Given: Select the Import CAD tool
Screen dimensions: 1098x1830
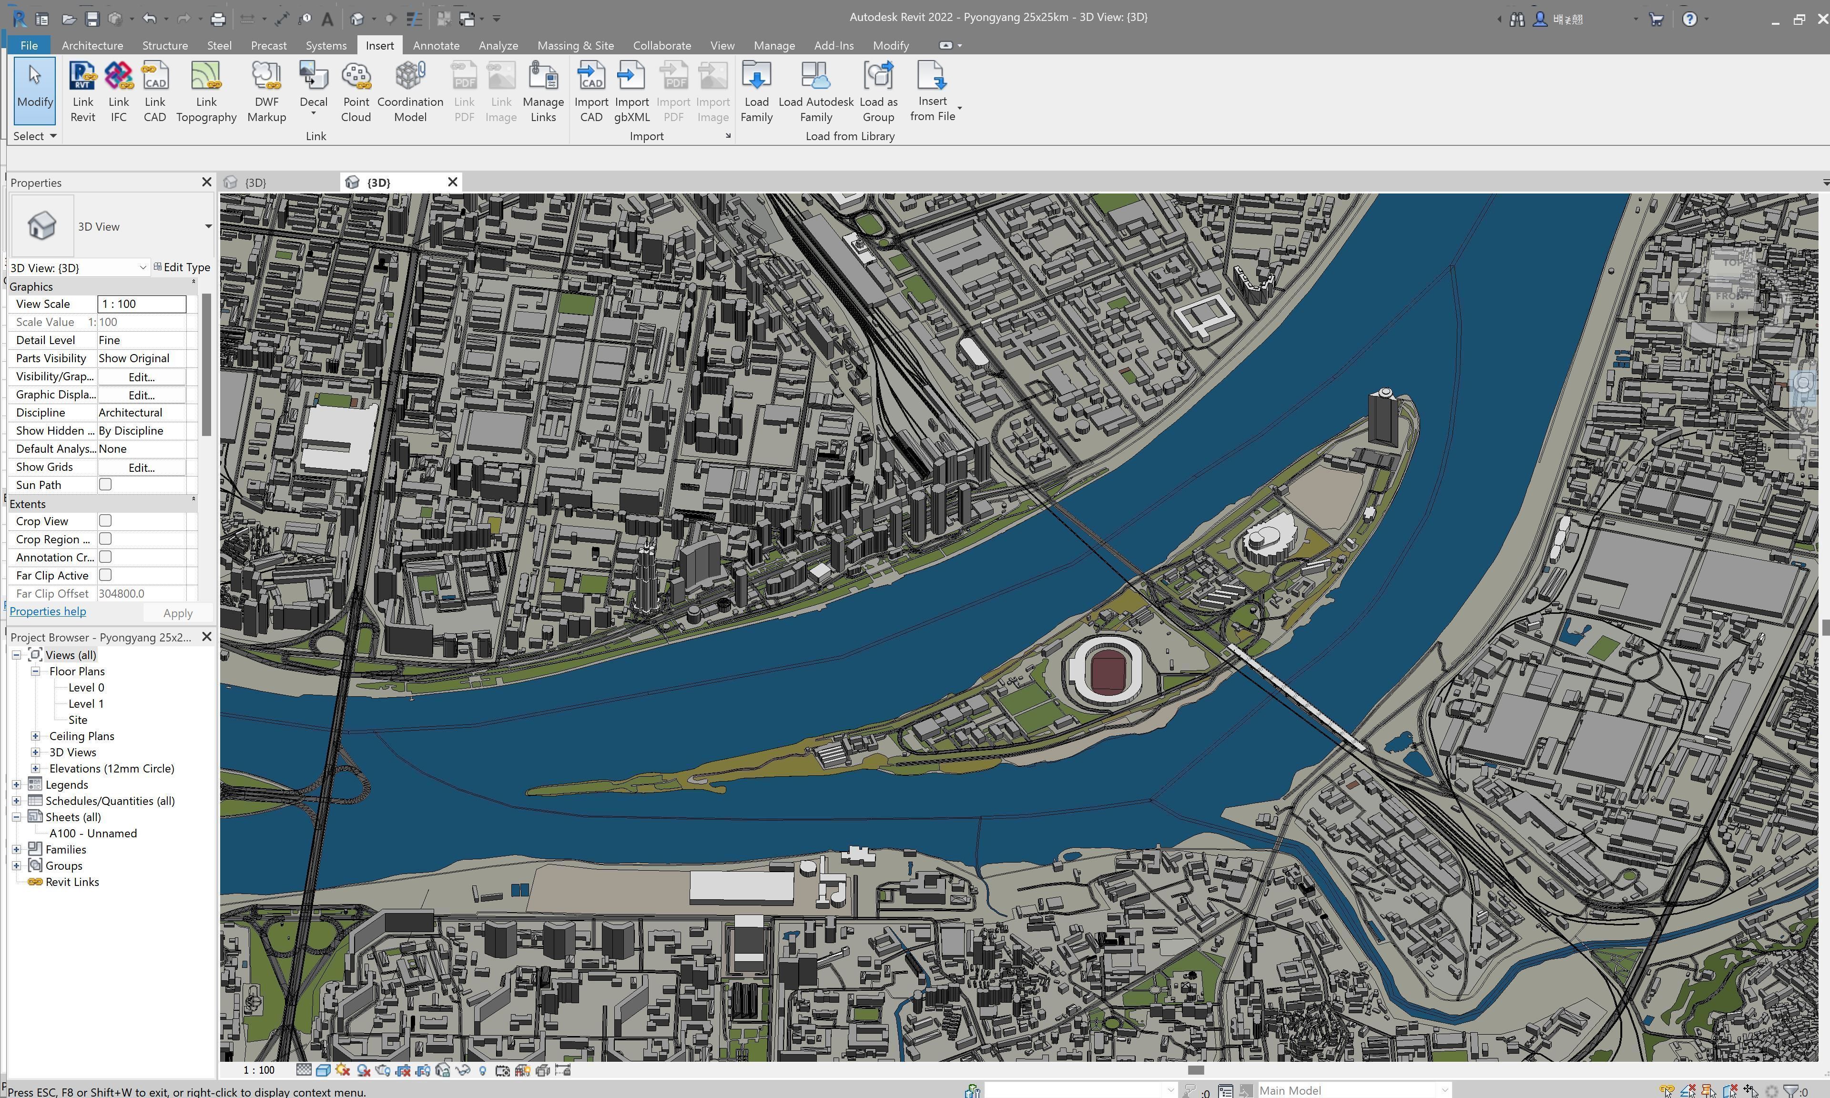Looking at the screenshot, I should tap(591, 92).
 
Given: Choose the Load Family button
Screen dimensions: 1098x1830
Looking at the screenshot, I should tap(756, 92).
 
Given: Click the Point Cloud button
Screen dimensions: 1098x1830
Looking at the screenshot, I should tap(356, 92).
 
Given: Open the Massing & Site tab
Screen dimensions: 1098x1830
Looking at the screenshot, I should tap(575, 45).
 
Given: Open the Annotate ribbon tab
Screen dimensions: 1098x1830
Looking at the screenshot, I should tap(436, 45).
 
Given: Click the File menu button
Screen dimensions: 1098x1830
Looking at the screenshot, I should tap(29, 45).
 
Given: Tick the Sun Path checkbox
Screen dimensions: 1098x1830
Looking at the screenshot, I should tap(105, 485).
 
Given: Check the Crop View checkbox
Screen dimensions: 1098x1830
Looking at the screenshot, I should tap(105, 521).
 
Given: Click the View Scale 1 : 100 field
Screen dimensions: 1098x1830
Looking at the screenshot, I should tap(141, 304).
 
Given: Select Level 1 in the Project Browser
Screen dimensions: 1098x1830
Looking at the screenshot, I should tap(86, 703).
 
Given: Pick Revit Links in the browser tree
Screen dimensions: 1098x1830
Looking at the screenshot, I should tap(72, 882).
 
